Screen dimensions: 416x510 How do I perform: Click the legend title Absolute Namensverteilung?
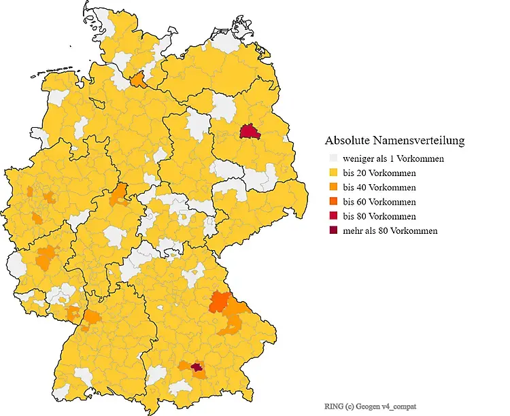[394, 141]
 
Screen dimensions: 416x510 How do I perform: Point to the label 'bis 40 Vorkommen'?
[379, 188]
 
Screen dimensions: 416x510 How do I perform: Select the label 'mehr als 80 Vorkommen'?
[390, 230]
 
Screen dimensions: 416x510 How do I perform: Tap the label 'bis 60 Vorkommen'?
[379, 202]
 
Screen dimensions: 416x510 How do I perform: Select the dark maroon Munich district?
[197, 368]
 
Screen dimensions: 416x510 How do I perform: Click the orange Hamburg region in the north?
[137, 81]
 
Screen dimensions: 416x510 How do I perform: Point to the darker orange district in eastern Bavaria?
[220, 300]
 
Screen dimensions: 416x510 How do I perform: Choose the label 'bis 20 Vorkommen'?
[379, 173]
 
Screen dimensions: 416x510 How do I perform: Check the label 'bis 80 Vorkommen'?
[379, 216]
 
